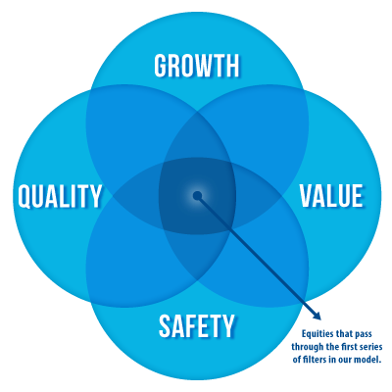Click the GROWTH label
(197, 66)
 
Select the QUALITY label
(60, 196)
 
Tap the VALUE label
(331, 195)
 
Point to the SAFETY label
(197, 325)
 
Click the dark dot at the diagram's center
(197, 196)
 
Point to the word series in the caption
(370, 347)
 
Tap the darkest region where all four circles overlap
(197, 196)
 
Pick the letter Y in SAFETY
(228, 325)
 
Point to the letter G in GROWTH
(160, 66)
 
